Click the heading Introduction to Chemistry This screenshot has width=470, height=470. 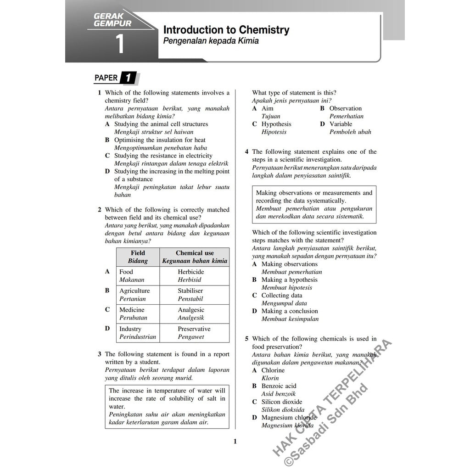[226, 30]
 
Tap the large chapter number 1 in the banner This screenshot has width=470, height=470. [120, 45]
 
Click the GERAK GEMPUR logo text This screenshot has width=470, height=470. [112, 19]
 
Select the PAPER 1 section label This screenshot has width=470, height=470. [115, 78]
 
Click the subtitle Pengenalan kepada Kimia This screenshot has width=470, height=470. [211, 41]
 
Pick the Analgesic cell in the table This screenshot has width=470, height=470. [191, 310]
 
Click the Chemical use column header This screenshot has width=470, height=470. [195, 253]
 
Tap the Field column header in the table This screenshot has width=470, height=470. [138, 253]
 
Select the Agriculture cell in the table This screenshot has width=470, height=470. [134, 291]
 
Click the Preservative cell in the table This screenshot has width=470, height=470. [194, 329]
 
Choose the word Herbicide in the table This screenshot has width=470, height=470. [191, 272]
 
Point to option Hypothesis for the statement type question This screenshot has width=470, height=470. [276, 124]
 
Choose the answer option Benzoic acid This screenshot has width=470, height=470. [279, 386]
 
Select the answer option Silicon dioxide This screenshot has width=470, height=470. [282, 402]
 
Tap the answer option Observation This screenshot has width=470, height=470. [346, 108]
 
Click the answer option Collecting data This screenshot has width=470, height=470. [282, 295]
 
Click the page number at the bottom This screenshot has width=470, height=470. [235, 442]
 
